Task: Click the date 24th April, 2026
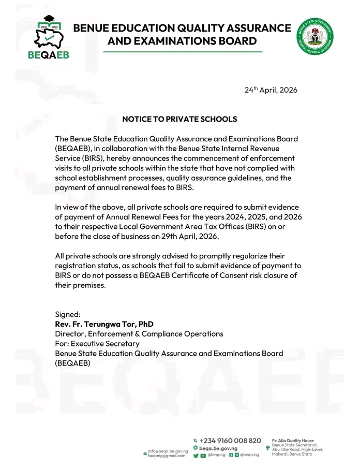(271, 90)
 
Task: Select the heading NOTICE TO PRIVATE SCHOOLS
(179, 119)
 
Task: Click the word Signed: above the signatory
(68, 314)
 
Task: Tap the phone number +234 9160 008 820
(230, 440)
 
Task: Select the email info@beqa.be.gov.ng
(167, 451)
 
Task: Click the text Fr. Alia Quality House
(293, 440)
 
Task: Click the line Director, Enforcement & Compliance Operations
(139, 334)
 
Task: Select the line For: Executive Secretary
(97, 343)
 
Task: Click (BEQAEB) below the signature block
(72, 363)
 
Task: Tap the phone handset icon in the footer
(195, 441)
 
